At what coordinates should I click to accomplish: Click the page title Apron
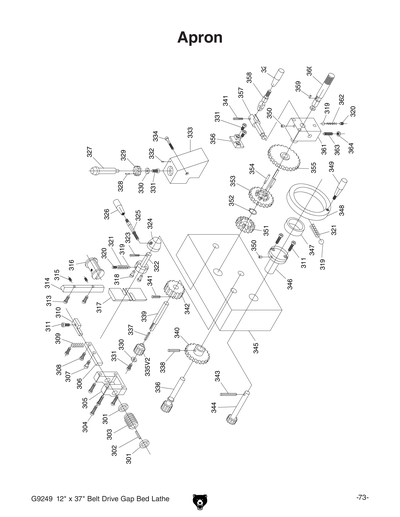pyautogui.click(x=199, y=38)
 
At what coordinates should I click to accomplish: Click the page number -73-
pyautogui.click(x=361, y=497)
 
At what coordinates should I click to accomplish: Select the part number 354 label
pyautogui.click(x=252, y=169)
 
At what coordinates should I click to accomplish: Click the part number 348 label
pyautogui.click(x=342, y=210)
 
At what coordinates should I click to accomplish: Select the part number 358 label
pyautogui.click(x=249, y=78)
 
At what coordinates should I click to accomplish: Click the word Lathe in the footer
pyautogui.click(x=172, y=497)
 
